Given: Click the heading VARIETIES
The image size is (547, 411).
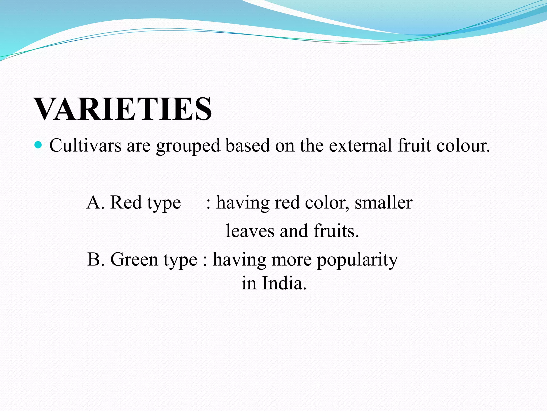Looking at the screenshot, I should [x=123, y=109].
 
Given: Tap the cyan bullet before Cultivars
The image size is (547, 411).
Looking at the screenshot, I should [x=39, y=145].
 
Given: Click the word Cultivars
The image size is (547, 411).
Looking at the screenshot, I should [x=85, y=146].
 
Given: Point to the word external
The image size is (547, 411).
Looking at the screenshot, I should [x=361, y=146].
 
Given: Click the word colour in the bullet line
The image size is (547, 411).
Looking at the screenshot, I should [x=463, y=146].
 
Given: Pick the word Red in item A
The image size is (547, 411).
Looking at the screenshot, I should [x=126, y=202].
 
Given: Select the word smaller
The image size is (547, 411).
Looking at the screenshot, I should [x=384, y=203].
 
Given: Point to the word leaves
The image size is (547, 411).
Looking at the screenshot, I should [x=250, y=231].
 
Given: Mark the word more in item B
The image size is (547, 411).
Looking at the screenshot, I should [x=292, y=260].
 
